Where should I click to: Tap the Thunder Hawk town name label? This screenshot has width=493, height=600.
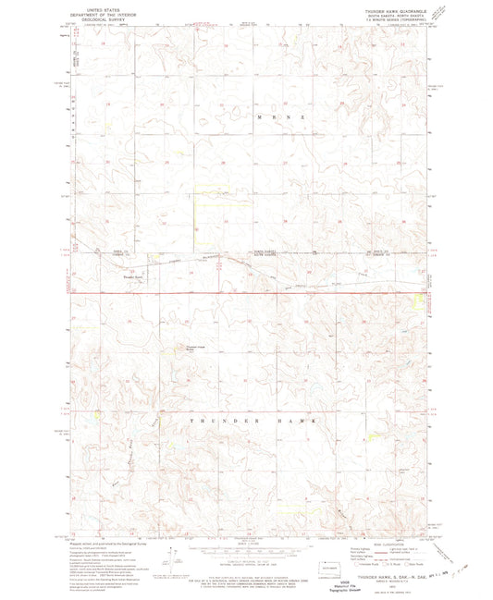136,276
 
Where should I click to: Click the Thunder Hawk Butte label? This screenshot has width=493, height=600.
197,348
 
